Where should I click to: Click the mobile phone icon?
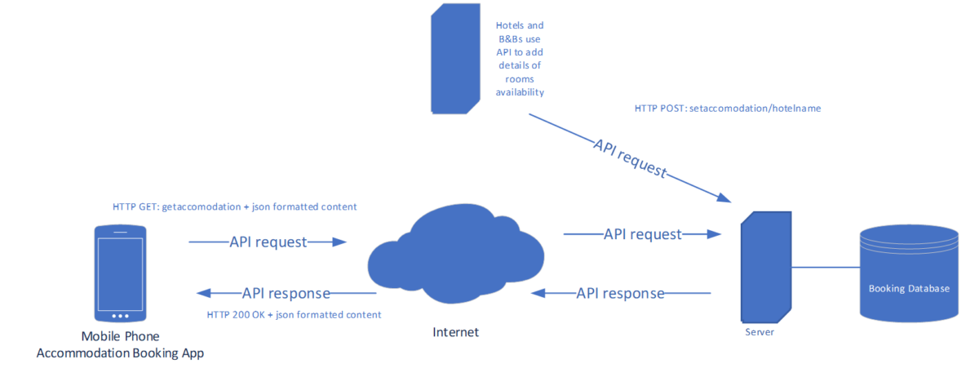(120, 275)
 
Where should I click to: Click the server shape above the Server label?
(764, 265)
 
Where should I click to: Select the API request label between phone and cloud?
(268, 242)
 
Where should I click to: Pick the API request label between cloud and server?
(642, 234)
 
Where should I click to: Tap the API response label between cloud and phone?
(286, 293)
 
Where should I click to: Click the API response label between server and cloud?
(620, 293)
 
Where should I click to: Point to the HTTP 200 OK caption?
(294, 314)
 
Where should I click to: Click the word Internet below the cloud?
(455, 332)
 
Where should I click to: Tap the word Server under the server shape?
(760, 331)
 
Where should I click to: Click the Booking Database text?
(909, 289)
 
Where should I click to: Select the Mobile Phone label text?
(121, 336)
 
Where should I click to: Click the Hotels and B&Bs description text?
(520, 60)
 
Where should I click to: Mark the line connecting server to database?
(824, 266)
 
